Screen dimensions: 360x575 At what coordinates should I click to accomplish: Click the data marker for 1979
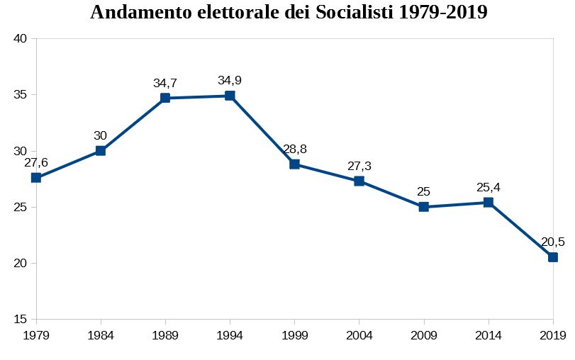(36, 177)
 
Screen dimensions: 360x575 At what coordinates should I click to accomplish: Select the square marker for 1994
(230, 96)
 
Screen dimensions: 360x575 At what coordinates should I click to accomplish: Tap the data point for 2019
(552, 257)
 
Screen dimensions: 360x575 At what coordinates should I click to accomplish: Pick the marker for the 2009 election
(423, 207)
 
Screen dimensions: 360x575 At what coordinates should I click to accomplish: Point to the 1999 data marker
(294, 164)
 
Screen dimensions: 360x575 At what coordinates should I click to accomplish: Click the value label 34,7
(165, 83)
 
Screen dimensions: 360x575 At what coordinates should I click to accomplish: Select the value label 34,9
(230, 80)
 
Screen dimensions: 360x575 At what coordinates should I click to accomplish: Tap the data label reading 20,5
(552, 242)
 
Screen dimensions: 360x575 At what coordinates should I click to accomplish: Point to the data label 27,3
(359, 166)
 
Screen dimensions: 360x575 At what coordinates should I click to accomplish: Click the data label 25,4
(489, 187)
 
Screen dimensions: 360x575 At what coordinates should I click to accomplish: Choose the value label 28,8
(294, 149)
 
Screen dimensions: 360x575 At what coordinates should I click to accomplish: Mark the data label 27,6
(36, 162)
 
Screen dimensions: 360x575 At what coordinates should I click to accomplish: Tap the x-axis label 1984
(101, 334)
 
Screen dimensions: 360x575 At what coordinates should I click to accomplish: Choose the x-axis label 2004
(359, 334)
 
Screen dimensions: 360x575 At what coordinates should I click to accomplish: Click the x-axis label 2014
(489, 334)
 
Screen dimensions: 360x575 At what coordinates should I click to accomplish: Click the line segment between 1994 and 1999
(262, 130)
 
